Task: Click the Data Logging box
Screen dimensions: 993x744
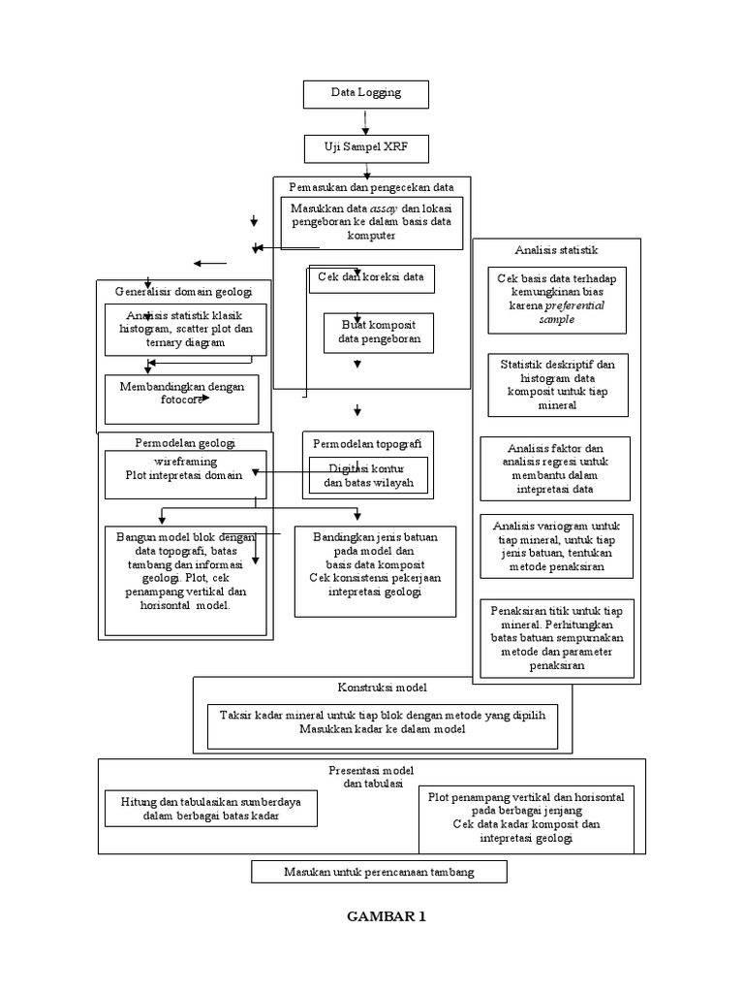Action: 365,94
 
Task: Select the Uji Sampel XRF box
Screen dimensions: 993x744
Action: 365,148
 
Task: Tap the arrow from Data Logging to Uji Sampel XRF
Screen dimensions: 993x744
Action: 365,121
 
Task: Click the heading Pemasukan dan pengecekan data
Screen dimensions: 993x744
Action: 371,185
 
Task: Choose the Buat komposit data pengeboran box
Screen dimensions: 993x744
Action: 378,333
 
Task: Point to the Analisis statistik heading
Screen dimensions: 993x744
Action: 556,249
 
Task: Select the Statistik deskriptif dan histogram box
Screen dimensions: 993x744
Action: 557,385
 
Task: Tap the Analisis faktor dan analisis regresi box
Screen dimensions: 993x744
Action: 556,469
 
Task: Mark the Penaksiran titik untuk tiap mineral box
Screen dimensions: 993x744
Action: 557,638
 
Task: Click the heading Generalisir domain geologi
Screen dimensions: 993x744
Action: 183,291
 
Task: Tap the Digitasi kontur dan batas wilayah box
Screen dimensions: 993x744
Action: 368,475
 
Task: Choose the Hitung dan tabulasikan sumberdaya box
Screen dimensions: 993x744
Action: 211,808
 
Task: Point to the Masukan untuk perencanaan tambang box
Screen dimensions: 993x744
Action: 379,872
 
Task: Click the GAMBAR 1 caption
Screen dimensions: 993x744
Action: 386,916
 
